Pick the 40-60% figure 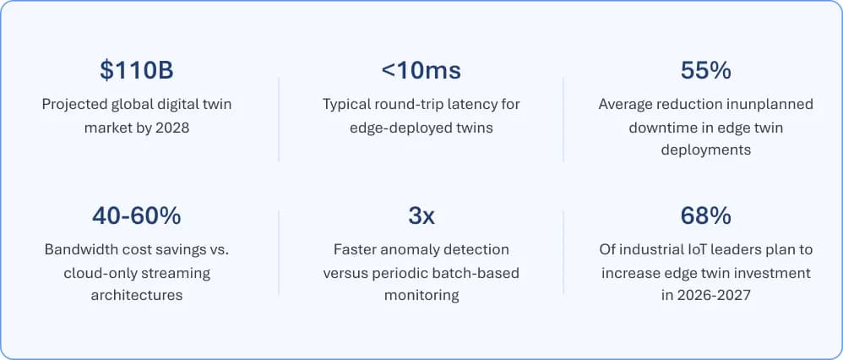136,216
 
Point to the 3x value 421,216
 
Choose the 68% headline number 705,216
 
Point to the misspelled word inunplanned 769,105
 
